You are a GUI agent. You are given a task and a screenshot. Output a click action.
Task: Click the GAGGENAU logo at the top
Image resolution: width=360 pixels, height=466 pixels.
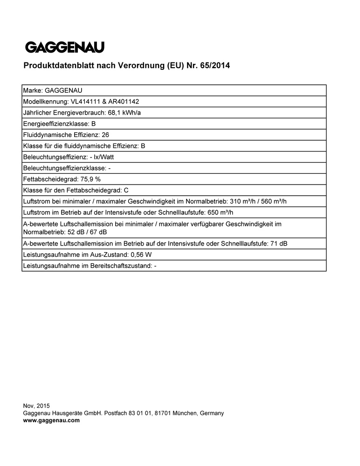point(64,47)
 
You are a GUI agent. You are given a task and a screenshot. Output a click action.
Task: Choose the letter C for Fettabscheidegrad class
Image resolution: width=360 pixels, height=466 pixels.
point(126,190)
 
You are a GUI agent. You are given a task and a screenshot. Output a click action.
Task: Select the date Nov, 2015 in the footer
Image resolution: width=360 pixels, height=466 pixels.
point(36,406)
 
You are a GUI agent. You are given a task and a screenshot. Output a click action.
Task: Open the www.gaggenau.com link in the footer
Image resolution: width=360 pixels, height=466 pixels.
point(51,420)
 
